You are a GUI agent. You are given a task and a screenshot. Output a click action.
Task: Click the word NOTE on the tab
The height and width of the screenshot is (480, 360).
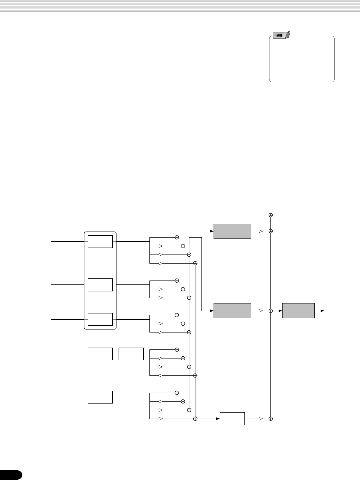pyautogui.click(x=279, y=35)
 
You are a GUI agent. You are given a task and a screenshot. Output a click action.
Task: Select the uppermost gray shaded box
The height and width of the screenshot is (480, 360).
pyautogui.click(x=232, y=231)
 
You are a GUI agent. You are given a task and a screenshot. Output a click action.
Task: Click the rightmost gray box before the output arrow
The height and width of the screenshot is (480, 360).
pyautogui.click(x=298, y=311)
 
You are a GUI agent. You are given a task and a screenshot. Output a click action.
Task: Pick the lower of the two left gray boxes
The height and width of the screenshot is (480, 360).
pyautogui.click(x=232, y=311)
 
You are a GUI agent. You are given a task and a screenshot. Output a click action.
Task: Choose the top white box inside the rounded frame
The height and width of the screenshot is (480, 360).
pyautogui.click(x=100, y=242)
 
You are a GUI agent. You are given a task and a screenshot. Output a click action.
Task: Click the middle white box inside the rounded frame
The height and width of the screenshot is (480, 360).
pyautogui.click(x=100, y=285)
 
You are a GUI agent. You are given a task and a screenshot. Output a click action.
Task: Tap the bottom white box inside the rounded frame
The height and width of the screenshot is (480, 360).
pyautogui.click(x=100, y=319)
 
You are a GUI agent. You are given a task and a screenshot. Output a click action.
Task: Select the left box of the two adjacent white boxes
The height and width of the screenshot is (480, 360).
pyautogui.click(x=100, y=354)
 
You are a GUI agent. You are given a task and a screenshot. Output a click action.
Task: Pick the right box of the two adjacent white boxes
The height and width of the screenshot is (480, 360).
pyautogui.click(x=131, y=354)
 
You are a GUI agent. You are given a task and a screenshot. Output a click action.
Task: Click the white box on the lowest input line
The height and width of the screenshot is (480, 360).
pyautogui.click(x=100, y=397)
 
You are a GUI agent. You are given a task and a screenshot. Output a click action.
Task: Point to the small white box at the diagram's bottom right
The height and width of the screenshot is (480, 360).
pyautogui.click(x=232, y=419)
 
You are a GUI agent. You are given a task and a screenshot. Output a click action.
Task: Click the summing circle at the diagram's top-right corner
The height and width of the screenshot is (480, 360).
pyautogui.click(x=271, y=215)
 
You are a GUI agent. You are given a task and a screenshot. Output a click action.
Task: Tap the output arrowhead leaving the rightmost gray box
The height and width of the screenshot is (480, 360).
pyautogui.click(x=323, y=311)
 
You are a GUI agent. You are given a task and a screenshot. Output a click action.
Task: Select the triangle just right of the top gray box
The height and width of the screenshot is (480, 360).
pyautogui.click(x=261, y=231)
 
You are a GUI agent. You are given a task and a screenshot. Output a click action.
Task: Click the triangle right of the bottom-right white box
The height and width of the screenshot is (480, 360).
pyautogui.click(x=261, y=419)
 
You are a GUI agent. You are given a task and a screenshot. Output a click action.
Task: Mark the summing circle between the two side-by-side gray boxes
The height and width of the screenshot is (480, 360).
pyautogui.click(x=271, y=311)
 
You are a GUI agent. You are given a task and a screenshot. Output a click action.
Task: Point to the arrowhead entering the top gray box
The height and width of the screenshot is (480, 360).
pyautogui.click(x=212, y=231)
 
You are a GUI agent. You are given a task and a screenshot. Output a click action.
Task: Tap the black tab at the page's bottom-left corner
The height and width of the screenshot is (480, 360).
pyautogui.click(x=11, y=475)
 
